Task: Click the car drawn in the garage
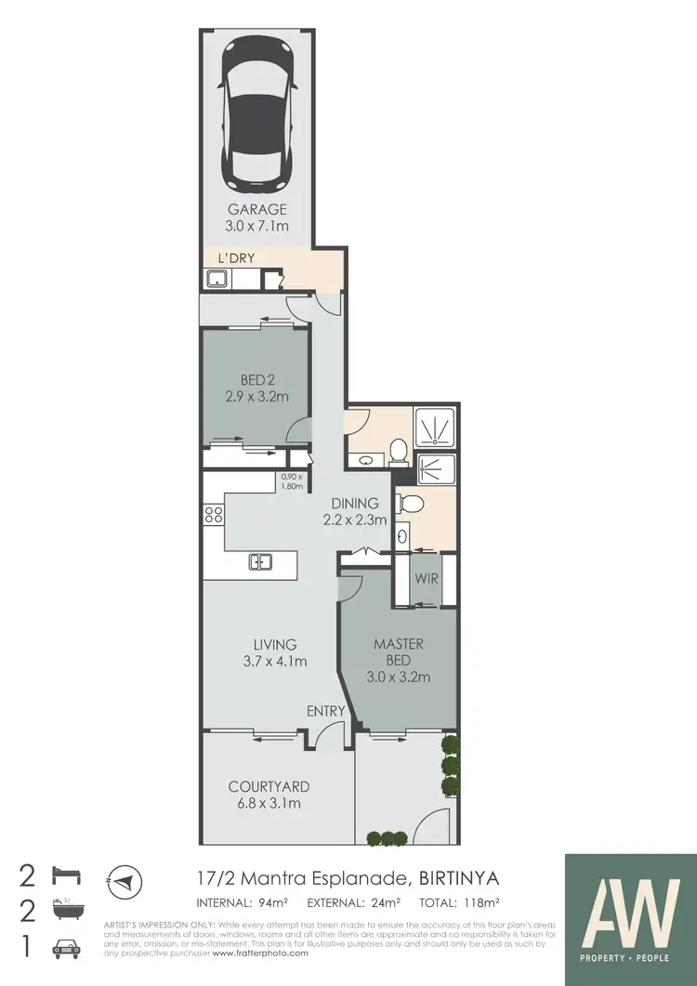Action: coord(258,112)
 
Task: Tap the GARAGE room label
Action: coord(257,210)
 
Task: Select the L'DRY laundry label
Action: coord(237,256)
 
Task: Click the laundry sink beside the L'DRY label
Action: coord(217,277)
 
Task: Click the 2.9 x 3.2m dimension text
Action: coord(256,397)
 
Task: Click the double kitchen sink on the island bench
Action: coord(260,560)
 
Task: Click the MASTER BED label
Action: coord(399,651)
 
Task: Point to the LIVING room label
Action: coord(275,644)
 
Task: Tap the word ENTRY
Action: coord(326,711)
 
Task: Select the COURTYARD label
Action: coord(269,786)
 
